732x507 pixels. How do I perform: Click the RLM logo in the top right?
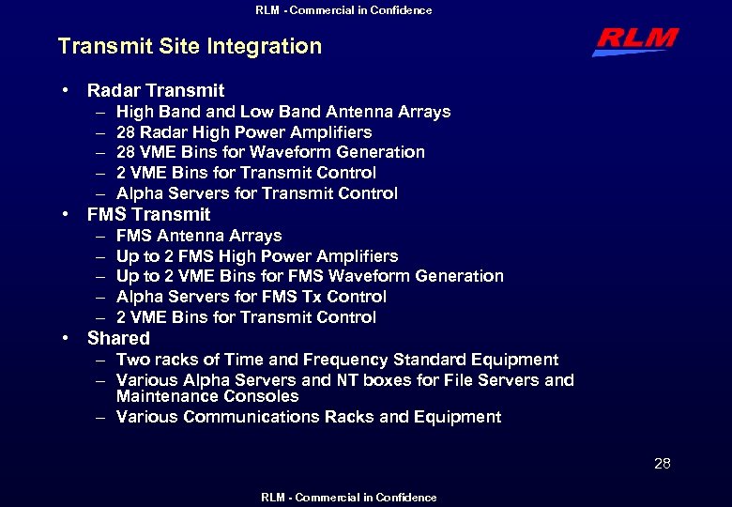pos(634,41)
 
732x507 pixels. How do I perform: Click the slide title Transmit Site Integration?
pos(190,46)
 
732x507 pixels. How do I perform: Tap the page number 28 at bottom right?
pos(662,463)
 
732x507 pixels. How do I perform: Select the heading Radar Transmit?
pos(156,91)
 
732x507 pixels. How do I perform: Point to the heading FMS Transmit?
pos(148,214)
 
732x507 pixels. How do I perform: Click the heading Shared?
pos(118,338)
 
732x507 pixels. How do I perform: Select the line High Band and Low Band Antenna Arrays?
pos(282,112)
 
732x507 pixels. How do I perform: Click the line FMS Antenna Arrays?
pos(198,236)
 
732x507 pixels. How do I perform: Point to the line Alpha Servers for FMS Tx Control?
pos(251,297)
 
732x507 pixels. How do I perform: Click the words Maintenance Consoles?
pos(206,396)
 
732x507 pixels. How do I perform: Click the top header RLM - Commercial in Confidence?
pos(343,10)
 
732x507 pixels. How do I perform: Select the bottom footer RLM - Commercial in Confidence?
pos(348,498)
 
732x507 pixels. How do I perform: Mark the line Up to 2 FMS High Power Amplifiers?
pos(256,256)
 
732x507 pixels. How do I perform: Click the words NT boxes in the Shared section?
pos(364,380)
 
